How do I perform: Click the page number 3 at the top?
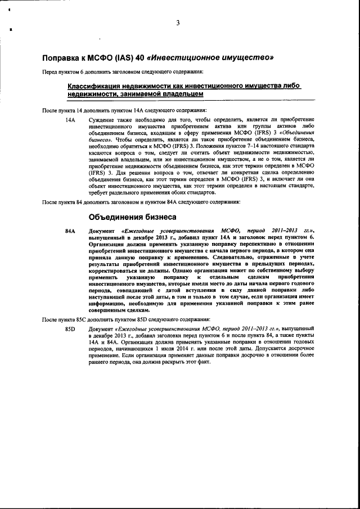pyautogui.click(x=178, y=23)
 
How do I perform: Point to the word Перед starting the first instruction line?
pyautogui.click(x=51, y=71)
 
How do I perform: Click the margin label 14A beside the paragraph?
pyautogui.click(x=70, y=120)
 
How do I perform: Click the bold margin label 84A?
pyautogui.click(x=70, y=231)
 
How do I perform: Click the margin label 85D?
pyautogui.click(x=70, y=328)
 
